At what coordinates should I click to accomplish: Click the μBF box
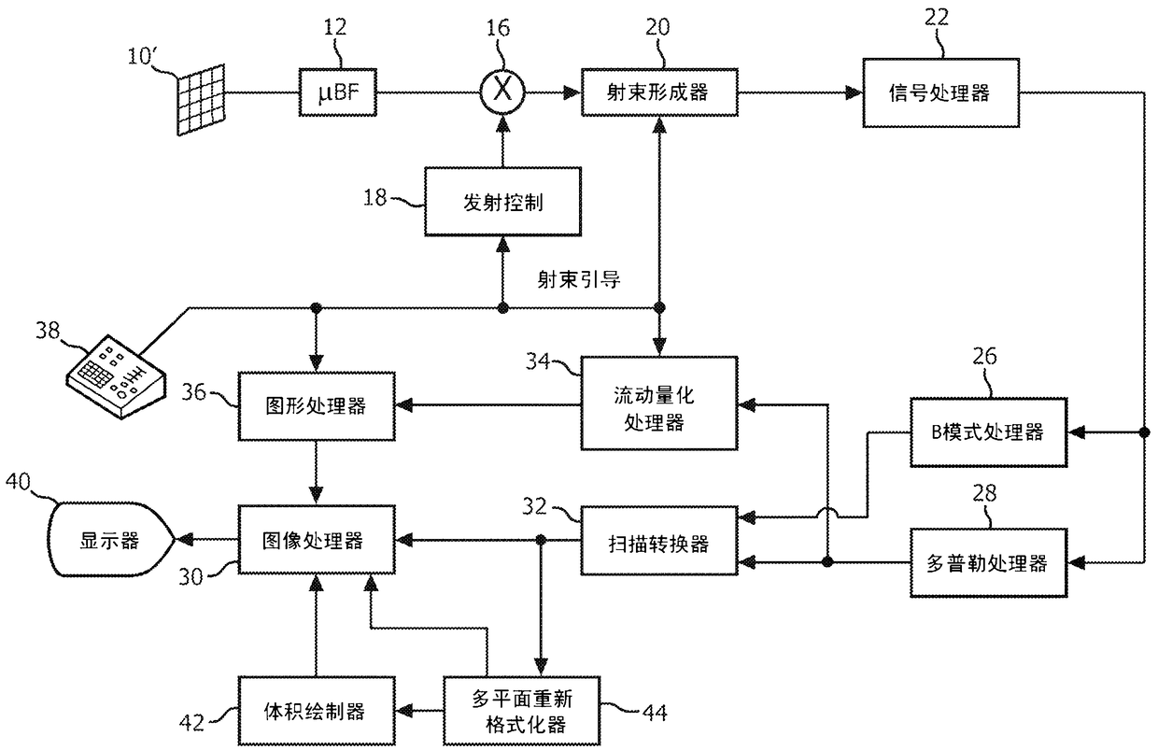point(337,92)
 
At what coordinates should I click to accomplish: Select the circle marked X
point(502,92)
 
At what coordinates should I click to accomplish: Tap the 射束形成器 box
point(659,92)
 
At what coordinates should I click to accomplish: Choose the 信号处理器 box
point(941,93)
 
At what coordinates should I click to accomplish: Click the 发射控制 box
point(502,202)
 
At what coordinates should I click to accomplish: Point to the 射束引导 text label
point(578,279)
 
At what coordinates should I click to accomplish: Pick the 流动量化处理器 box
point(659,403)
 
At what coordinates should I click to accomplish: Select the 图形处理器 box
point(317,406)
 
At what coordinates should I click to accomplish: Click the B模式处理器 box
point(988,432)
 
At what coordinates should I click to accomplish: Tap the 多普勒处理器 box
point(988,563)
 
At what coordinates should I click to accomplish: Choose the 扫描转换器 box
point(659,541)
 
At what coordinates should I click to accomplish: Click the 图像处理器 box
point(317,540)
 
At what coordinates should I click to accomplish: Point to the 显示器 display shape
point(110,539)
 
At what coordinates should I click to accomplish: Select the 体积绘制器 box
point(317,711)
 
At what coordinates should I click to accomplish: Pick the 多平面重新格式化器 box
point(522,711)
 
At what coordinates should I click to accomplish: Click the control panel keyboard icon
point(117,376)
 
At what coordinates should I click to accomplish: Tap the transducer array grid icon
point(202,100)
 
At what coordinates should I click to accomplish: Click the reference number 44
point(655,714)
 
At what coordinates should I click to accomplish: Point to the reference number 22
point(937,18)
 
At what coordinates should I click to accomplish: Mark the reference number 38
point(48,331)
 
